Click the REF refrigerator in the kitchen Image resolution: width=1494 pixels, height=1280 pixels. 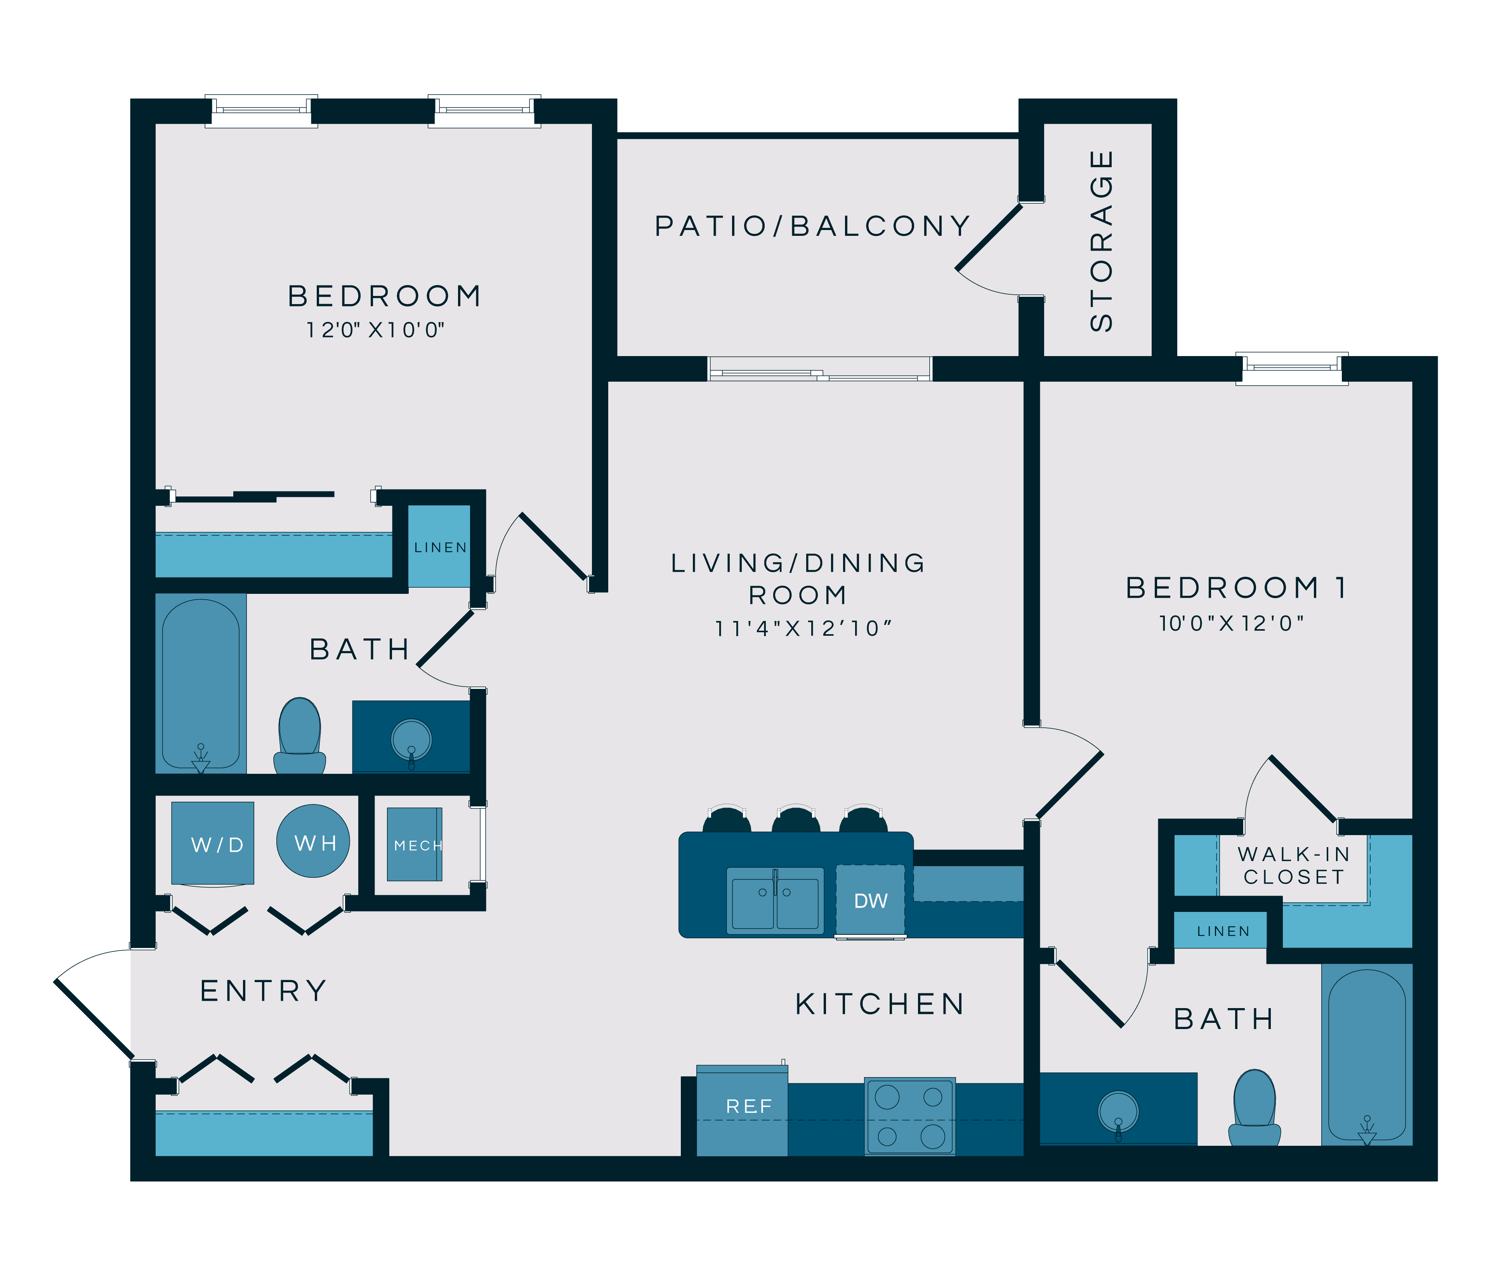(x=742, y=1109)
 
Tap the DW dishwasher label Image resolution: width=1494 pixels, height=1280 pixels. (x=870, y=901)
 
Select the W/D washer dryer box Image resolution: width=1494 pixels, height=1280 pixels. (x=213, y=843)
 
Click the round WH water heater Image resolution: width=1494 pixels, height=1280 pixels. (x=313, y=841)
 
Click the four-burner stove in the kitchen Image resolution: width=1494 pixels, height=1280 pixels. (x=910, y=1116)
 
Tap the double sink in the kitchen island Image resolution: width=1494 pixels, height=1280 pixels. (x=775, y=901)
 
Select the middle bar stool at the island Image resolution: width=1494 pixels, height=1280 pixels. (x=795, y=820)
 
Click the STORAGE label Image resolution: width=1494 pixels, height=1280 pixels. (x=1101, y=241)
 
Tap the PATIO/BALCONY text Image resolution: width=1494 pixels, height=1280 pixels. (x=813, y=226)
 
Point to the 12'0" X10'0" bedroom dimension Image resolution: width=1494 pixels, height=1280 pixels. (x=375, y=330)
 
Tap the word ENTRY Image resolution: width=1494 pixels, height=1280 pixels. (x=264, y=991)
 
